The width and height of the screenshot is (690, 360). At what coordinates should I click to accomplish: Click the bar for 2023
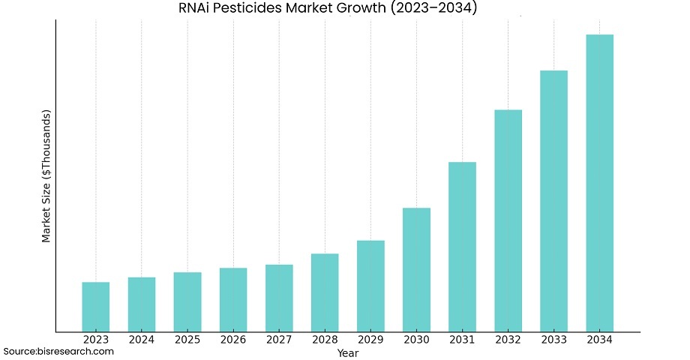click(96, 307)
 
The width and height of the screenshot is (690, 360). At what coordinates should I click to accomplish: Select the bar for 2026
click(233, 299)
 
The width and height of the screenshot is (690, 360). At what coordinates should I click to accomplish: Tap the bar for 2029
click(370, 286)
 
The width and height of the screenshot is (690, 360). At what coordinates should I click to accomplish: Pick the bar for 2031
click(462, 247)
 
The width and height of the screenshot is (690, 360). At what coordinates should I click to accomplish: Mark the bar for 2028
click(325, 292)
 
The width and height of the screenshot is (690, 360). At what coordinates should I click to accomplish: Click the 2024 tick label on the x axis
click(142, 340)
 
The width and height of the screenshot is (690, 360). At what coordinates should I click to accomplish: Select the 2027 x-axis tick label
click(279, 340)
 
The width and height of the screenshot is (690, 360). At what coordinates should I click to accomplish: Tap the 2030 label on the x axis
click(416, 340)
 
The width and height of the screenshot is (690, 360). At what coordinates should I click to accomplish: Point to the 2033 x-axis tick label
click(553, 340)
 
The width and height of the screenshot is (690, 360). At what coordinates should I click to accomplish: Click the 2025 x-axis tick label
click(187, 340)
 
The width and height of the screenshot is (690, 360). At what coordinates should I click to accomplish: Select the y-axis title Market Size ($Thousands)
click(46, 176)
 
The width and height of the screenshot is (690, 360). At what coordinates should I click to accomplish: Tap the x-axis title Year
click(347, 352)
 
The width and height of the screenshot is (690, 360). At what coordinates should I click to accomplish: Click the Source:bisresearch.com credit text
click(58, 351)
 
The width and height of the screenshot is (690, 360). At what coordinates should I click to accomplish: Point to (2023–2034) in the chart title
click(433, 9)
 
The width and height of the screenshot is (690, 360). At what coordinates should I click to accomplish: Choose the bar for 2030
click(416, 269)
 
